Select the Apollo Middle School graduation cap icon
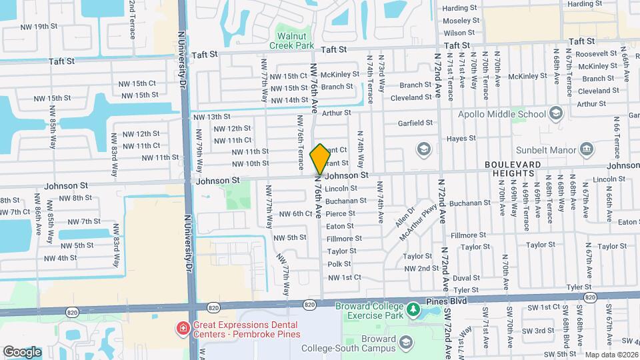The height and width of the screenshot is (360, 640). click(555, 113)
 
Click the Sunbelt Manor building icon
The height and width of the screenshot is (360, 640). click(587, 148)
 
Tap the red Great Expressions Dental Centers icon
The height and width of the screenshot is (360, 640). click(182, 328)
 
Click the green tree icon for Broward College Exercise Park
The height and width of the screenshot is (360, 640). click(413, 309)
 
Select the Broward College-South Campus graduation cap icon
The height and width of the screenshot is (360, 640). click(405, 343)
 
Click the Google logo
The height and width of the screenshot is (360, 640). click(22, 351)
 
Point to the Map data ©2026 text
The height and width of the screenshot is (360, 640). click(611, 355)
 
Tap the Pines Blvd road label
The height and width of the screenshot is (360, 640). click(447, 301)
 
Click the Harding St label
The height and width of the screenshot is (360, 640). click(460, 8)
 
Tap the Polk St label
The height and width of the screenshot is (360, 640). click(339, 265)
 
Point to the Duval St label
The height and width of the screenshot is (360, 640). click(466, 278)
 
